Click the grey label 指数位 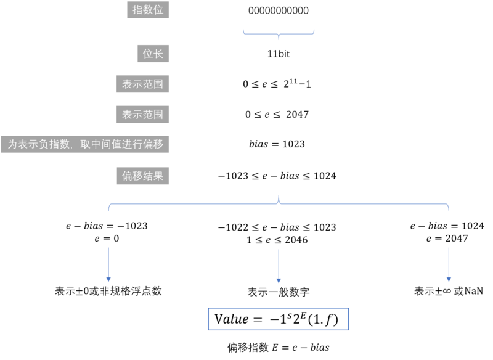click(148, 10)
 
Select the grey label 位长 click(153, 54)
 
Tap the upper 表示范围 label click(142, 84)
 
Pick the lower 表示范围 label click(142, 115)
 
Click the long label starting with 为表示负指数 click(85, 145)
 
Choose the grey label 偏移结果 click(142, 176)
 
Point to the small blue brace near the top click(279, 33)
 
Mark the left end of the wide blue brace click(109, 208)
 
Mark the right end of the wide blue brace click(448, 208)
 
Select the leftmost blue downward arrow click(108, 265)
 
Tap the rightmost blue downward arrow click(449, 265)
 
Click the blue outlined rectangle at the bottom click(279, 319)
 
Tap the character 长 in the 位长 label click(158, 54)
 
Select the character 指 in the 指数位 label click(137, 10)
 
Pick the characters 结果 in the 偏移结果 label click(153, 176)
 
